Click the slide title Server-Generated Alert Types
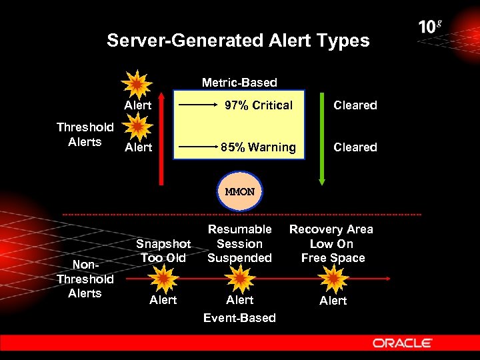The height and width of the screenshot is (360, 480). [x=238, y=41]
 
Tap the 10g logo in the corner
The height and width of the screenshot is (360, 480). [x=431, y=27]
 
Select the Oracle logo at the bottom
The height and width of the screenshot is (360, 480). [x=403, y=343]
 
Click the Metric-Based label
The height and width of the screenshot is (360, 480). [x=239, y=83]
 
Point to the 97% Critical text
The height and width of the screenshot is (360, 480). [x=258, y=105]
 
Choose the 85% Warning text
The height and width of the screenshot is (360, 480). [x=258, y=147]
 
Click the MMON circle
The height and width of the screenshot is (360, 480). [x=240, y=192]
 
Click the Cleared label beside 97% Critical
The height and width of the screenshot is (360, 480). [x=355, y=105]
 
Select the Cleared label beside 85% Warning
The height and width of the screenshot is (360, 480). [x=355, y=147]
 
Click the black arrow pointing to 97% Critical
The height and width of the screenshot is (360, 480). [x=197, y=105]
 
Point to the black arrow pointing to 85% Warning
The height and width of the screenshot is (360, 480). [x=197, y=147]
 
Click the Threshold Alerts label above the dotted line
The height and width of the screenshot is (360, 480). [x=85, y=134]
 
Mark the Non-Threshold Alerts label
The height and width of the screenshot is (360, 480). [x=85, y=279]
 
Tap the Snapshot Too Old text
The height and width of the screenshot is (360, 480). [x=163, y=251]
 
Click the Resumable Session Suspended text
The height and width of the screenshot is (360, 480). [x=239, y=243]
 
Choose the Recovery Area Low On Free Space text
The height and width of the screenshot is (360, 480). [x=332, y=243]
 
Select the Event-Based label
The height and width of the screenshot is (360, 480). [x=239, y=318]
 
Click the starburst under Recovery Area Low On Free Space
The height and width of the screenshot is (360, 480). [x=332, y=277]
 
